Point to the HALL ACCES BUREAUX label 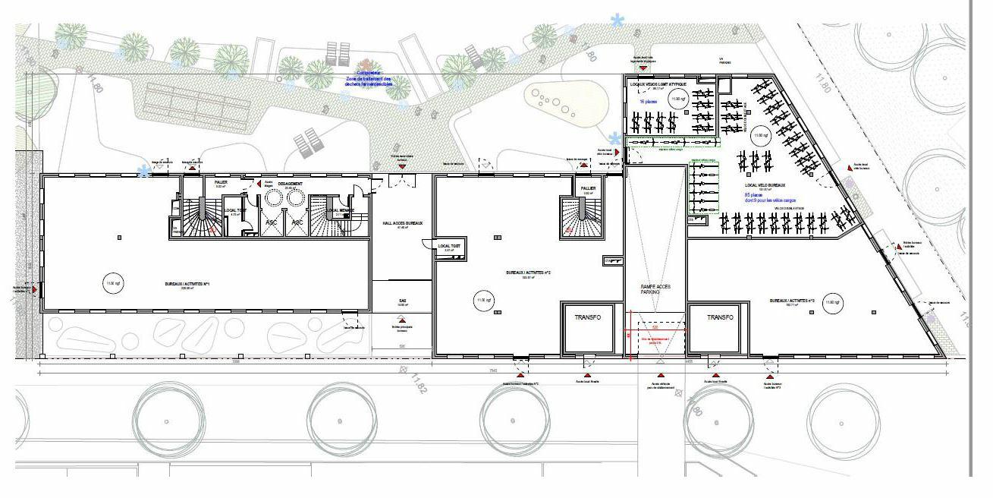click(402, 222)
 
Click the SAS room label click(402, 301)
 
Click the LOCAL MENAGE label click(337, 210)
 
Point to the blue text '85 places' click(756, 194)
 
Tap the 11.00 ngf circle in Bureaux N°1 click(113, 283)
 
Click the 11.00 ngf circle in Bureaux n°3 click(832, 302)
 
